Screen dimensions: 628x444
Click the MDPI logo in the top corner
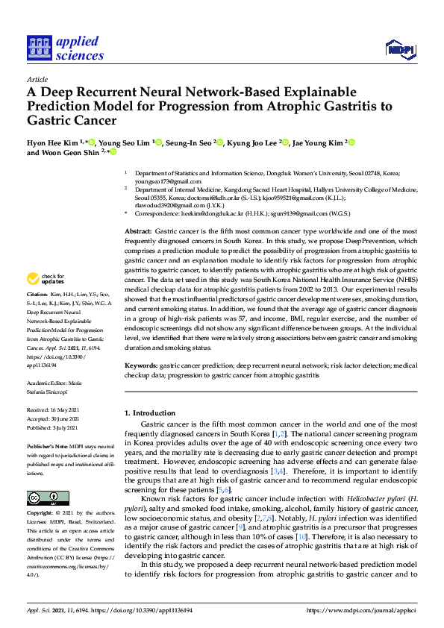click(400, 49)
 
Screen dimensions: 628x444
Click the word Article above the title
click(37, 78)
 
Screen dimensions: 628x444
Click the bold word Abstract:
click(138, 213)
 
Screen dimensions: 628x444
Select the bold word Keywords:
click(141, 366)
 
